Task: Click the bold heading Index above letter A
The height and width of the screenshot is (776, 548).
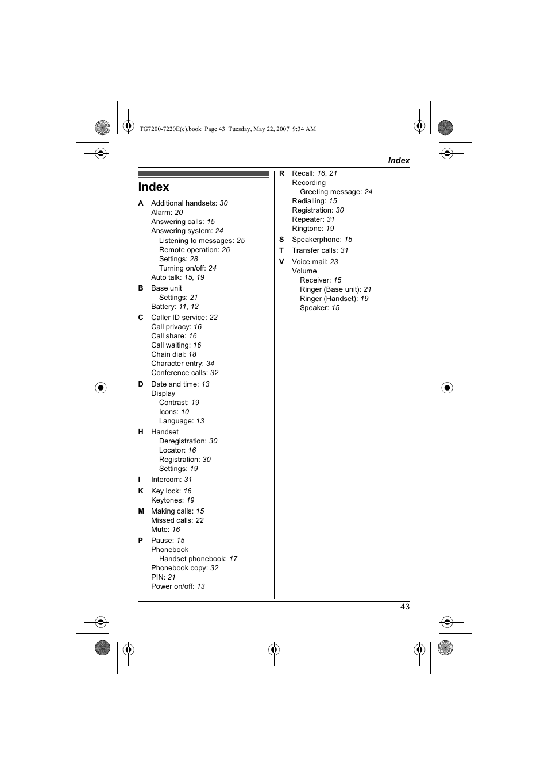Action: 153,187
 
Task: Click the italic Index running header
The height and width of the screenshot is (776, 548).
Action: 398,160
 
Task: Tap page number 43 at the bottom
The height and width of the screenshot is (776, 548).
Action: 404,606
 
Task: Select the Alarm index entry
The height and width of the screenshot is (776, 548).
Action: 167,213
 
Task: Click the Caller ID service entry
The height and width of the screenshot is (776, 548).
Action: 184,317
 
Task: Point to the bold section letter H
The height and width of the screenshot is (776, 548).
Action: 141,431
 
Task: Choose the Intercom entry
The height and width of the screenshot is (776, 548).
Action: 172,480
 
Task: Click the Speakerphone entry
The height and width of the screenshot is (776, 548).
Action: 322,240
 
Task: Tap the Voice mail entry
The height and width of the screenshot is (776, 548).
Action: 315,261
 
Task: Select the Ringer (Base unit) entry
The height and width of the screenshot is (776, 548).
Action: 335,289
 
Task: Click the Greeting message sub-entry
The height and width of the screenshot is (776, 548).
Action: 336,192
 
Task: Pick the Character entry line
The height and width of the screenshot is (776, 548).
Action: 183,364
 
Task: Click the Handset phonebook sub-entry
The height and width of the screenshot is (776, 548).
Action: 198,559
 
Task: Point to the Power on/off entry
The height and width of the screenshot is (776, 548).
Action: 177,586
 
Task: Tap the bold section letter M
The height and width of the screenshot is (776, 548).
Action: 141,511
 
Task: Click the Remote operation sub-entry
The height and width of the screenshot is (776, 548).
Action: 194,250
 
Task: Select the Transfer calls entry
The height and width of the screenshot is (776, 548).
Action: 320,250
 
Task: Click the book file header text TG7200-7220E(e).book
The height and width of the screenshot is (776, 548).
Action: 170,129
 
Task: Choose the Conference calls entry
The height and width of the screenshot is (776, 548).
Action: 184,373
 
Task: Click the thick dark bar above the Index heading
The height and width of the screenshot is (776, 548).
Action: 204,173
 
